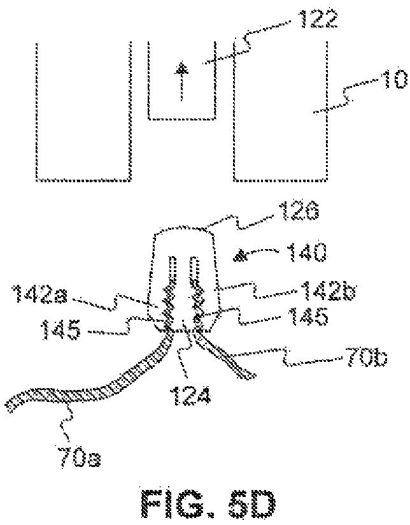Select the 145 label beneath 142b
tap(310, 317)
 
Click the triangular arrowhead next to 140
tap(241, 256)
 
